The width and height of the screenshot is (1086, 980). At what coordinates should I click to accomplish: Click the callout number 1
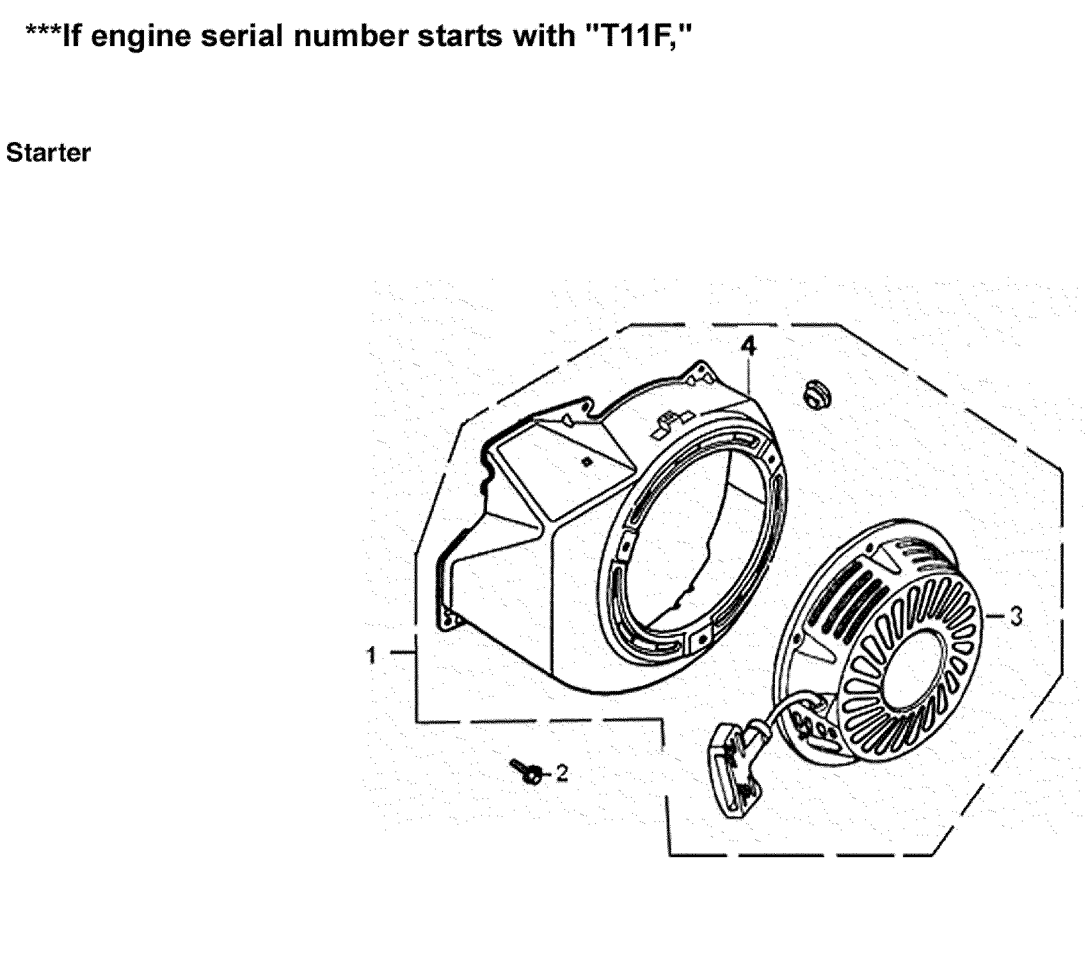372,655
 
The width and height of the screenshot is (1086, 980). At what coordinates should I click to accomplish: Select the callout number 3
1016,617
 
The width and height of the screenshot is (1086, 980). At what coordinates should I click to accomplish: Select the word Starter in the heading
48,153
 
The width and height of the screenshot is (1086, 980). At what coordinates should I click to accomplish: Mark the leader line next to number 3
995,617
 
